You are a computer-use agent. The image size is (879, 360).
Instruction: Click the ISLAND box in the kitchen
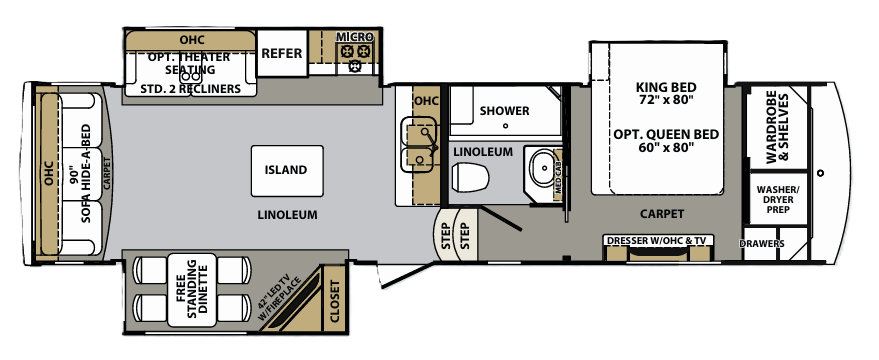click(286, 170)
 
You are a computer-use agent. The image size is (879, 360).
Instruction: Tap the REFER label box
click(281, 54)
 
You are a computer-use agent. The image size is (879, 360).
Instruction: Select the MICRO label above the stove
click(354, 36)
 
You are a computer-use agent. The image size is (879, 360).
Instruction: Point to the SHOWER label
click(504, 110)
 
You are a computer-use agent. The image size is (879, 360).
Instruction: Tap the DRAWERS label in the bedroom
click(762, 243)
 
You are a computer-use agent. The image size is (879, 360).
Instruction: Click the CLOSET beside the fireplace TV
click(334, 301)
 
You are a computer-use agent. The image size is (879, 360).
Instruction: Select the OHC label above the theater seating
click(192, 39)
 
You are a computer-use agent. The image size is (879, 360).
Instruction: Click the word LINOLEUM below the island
click(286, 215)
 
